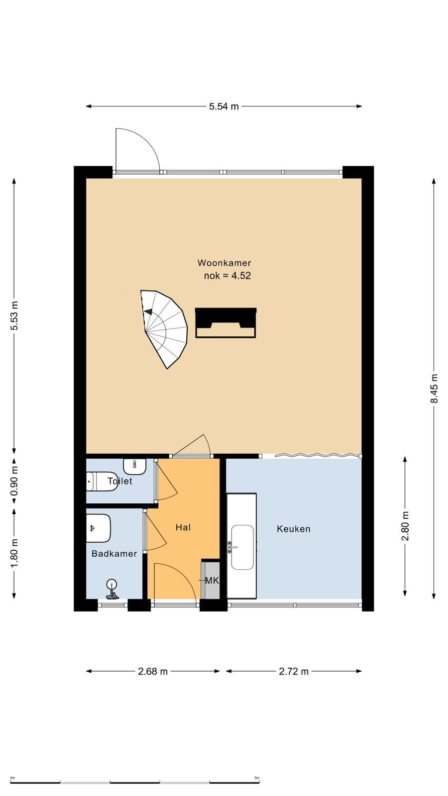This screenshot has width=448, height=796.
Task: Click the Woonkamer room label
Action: tap(224, 263)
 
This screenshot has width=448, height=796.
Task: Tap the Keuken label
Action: tap(294, 529)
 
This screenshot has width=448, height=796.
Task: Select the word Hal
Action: tap(183, 527)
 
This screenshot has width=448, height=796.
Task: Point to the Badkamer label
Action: tap(114, 554)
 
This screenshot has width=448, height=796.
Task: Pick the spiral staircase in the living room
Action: tap(164, 329)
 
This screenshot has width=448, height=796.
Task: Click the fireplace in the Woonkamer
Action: tap(226, 323)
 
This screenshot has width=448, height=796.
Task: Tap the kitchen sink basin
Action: tap(242, 547)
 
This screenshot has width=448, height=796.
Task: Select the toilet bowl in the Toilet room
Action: tap(102, 482)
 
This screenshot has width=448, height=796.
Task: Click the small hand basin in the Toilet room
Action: tap(135, 466)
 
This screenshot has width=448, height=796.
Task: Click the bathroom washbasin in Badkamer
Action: tap(99, 528)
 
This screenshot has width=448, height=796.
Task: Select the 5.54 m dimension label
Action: tap(224, 106)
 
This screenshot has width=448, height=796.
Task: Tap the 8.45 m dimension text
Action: tap(434, 388)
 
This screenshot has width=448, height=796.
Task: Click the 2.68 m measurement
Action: tap(153, 671)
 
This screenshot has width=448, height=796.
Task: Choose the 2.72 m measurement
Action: tap(294, 671)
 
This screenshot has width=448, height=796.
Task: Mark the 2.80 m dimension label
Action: tap(405, 526)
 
